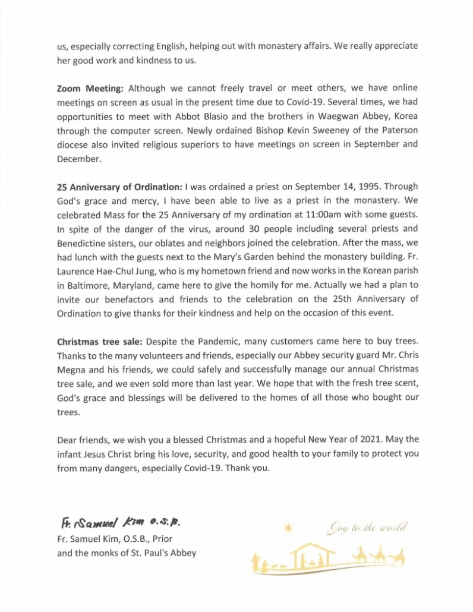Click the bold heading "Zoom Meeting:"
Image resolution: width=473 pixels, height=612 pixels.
90,88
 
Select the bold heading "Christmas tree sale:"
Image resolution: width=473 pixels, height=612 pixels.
99,343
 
